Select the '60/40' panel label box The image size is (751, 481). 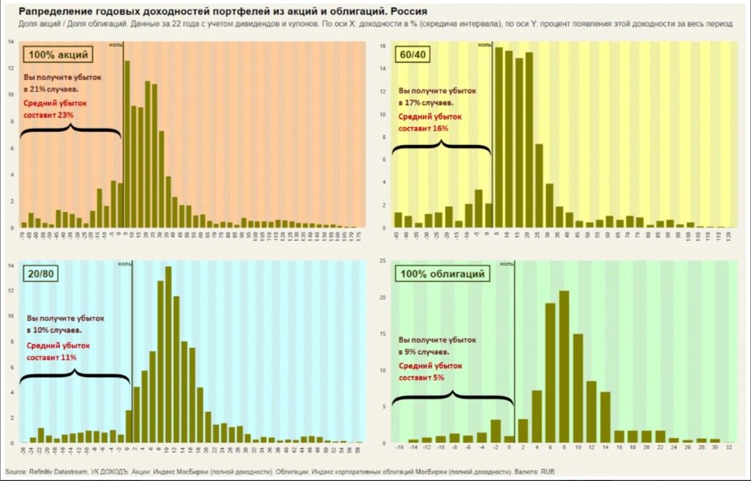pos(413,55)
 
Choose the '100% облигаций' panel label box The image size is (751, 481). pos(442,274)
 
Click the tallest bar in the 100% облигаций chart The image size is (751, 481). pos(564,367)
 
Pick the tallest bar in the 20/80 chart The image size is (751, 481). pos(168,355)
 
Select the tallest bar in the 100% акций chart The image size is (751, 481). pos(127,144)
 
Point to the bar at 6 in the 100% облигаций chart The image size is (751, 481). pos(550,372)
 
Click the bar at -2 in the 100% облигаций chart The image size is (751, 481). pos(496,431)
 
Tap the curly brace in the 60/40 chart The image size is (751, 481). pos(442,146)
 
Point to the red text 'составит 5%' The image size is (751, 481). pos(421,378)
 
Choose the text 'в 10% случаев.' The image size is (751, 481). pos(54,330)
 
